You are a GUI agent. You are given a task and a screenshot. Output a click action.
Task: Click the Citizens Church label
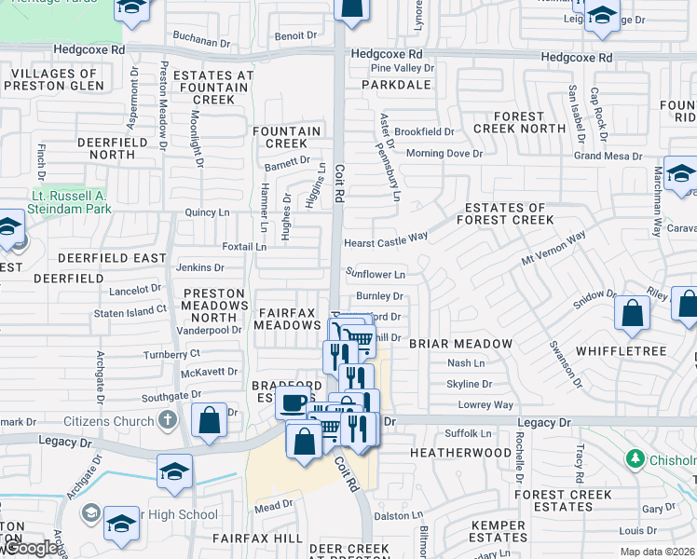116,421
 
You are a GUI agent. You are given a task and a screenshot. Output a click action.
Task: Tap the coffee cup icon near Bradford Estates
293,402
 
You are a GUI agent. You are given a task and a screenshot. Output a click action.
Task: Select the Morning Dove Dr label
444,153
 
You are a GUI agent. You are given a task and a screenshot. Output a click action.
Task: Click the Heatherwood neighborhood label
461,452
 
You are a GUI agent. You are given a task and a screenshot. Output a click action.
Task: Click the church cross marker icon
167,420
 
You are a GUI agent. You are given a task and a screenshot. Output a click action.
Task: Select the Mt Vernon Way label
553,249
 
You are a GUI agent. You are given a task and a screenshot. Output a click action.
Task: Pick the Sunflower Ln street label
376,275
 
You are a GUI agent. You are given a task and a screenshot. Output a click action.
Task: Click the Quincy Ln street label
208,212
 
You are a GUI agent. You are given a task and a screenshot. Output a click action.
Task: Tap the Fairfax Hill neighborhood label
257,539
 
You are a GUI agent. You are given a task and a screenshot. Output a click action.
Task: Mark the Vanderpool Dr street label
210,329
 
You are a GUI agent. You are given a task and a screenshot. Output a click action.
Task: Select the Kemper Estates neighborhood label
499,532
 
